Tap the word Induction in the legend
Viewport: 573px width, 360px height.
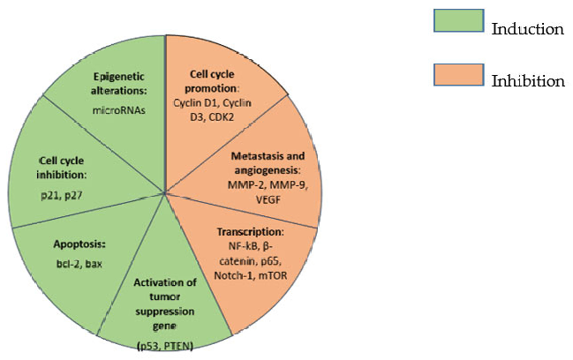[x=527, y=29]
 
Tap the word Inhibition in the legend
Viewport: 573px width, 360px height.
[x=527, y=81]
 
